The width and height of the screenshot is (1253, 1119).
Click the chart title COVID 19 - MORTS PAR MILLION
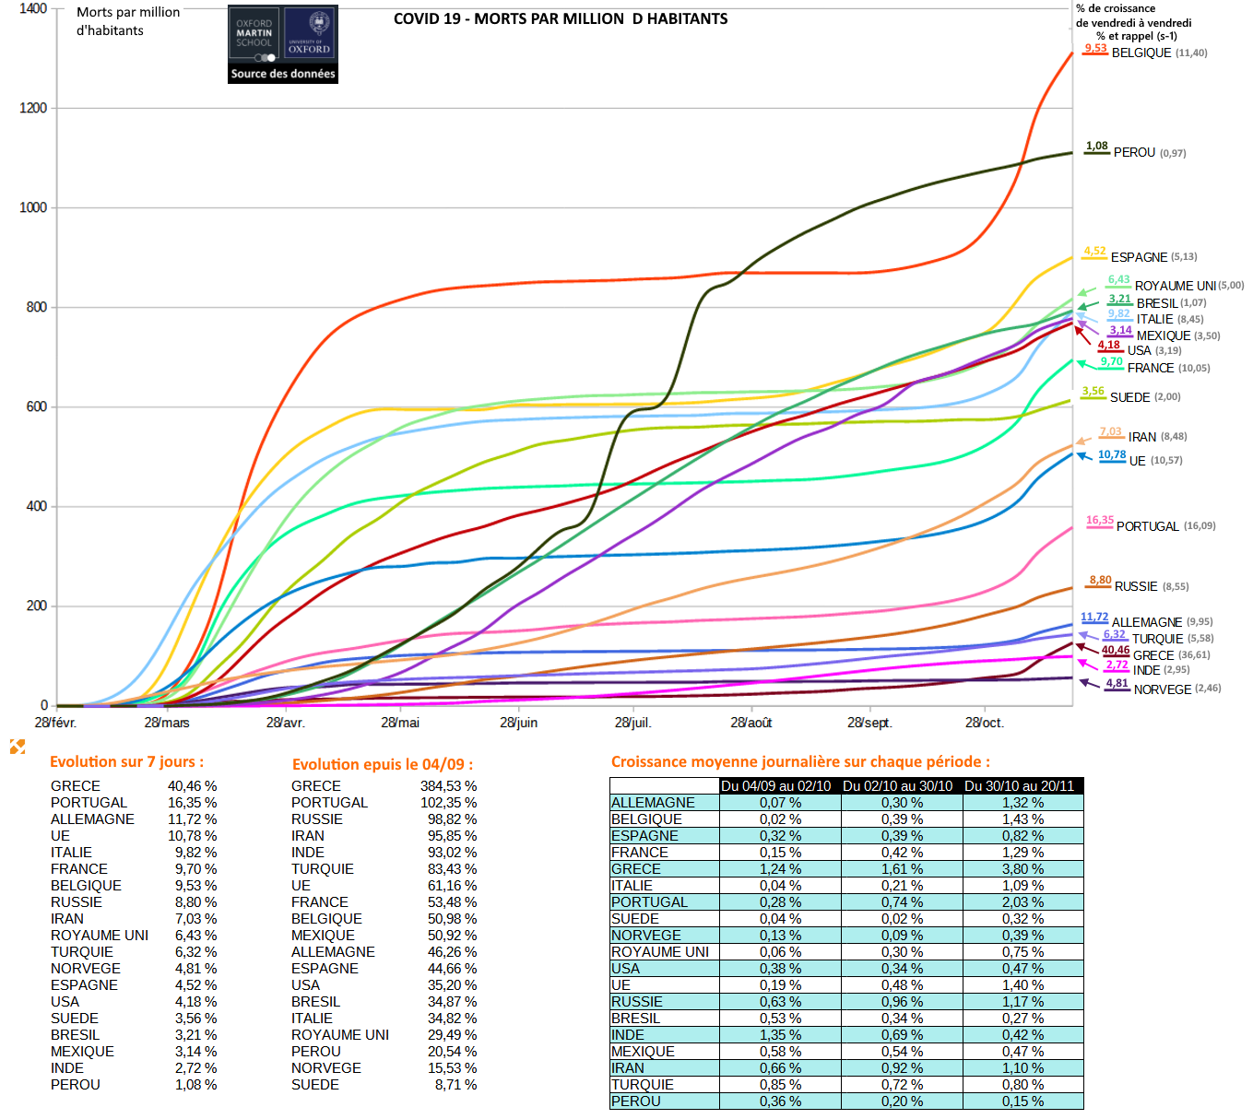coord(560,18)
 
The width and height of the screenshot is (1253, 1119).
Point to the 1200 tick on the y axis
coord(33,108)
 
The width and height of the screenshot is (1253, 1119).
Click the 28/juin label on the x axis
coord(518,723)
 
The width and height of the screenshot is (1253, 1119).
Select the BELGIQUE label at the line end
coord(1141,53)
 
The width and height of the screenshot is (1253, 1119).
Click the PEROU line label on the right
coord(1134,152)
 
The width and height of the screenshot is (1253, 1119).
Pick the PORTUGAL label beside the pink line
coord(1147,526)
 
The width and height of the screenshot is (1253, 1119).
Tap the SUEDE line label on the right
coord(1129,397)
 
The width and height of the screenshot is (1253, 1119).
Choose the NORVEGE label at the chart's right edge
coord(1162,689)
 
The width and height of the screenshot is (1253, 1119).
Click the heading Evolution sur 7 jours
coord(126,761)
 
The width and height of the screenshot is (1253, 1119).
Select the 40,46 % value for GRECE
coord(192,786)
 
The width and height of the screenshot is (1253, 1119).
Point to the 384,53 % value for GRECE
coord(448,786)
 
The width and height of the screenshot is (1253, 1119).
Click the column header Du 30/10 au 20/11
coord(1019,786)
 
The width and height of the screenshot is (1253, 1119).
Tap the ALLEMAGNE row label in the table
coord(653,803)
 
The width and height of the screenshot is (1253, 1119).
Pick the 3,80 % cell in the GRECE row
coord(1022,869)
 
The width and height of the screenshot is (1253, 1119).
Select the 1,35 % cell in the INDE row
coord(780,1035)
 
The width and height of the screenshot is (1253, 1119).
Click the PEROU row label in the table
coord(635,1101)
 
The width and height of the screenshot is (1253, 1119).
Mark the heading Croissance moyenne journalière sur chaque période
coord(800,761)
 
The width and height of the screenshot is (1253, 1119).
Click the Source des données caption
coord(283,74)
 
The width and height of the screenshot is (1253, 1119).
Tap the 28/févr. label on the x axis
coord(55,723)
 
